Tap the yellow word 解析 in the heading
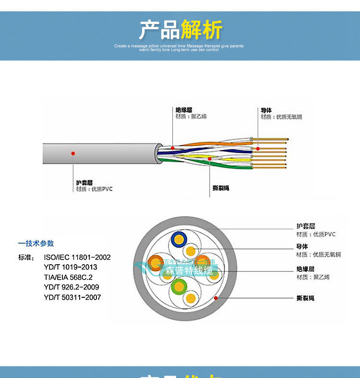(x=202, y=30)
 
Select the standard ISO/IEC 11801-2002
(x=77, y=257)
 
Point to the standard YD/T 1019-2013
(x=70, y=267)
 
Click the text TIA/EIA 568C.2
(x=68, y=277)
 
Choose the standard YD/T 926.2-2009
(x=72, y=287)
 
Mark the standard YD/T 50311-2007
(x=72, y=297)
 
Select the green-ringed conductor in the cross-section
(x=179, y=287)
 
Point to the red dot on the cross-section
(x=216, y=298)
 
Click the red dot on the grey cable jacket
(x=73, y=153)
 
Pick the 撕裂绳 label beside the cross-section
(x=305, y=298)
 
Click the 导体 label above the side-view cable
(x=266, y=110)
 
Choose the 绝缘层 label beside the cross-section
(x=305, y=269)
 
